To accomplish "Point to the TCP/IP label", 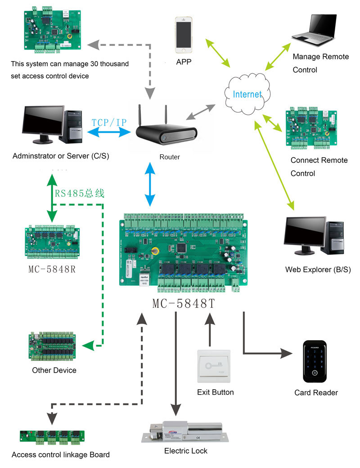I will point(109,122).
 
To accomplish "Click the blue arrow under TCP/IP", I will point(109,132).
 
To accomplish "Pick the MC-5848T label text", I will point(184,304).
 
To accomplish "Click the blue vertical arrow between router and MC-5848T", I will point(149,184).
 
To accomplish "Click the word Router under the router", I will point(170,157).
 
